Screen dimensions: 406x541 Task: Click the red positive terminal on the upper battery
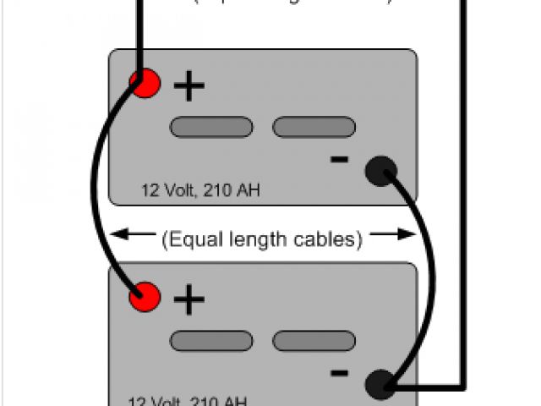[x=145, y=82]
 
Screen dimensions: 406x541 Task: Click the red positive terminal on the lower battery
[x=145, y=296]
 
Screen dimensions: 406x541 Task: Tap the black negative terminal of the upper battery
[x=380, y=172]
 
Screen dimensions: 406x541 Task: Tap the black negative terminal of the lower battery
[x=380, y=386]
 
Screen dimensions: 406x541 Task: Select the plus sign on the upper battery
[x=189, y=85]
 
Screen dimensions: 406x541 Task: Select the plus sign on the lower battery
[x=189, y=299]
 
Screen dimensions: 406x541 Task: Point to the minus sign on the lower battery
[x=339, y=371]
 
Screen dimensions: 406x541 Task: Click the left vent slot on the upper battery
[x=211, y=127]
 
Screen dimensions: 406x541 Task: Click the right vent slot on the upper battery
[x=313, y=127]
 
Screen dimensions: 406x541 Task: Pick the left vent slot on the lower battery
[x=211, y=341]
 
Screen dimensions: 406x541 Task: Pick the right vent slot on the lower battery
[x=313, y=341]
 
